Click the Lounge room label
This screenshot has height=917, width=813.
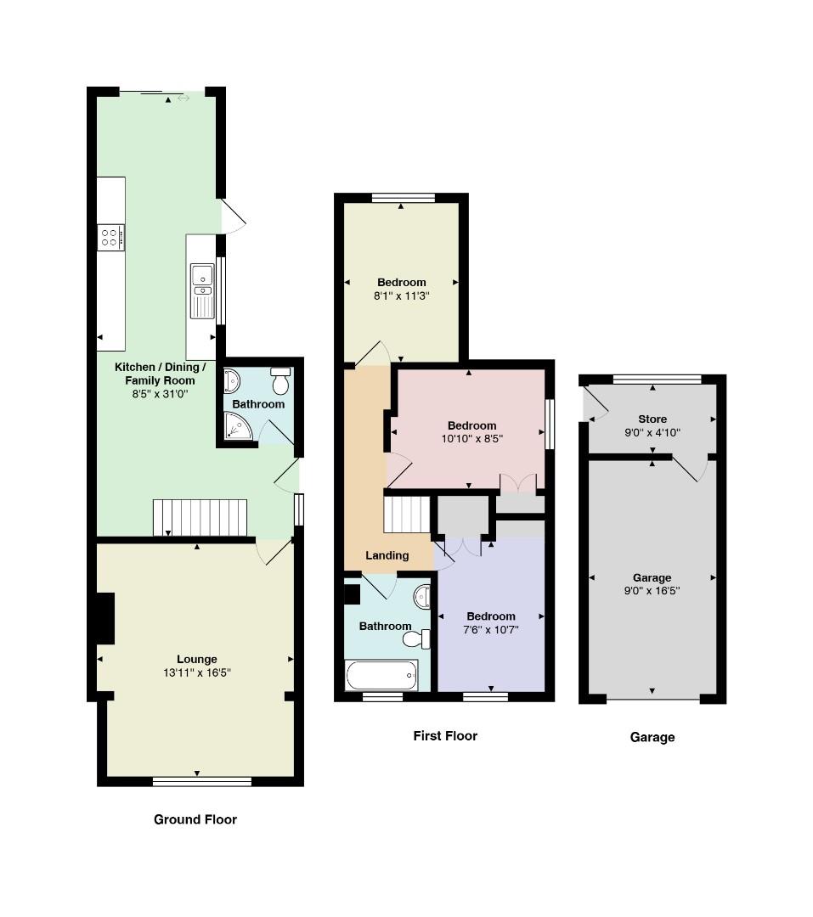pos(196,659)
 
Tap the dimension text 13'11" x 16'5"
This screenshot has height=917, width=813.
pos(196,672)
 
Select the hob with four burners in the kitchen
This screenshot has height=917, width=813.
pos(110,238)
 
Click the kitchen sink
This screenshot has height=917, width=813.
pos(202,290)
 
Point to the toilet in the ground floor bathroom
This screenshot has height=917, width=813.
pos(281,380)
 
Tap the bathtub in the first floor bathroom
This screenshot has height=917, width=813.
pos(381,676)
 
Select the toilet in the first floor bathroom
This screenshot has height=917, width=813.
pos(416,639)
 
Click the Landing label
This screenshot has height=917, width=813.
pos(387,555)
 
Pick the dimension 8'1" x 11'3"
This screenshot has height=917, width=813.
pos(402,296)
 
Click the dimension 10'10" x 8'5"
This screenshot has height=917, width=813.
pos(471,439)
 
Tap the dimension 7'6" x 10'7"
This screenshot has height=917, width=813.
pos(490,630)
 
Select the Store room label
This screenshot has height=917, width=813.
pos(652,419)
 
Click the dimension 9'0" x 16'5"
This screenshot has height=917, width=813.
pos(652,591)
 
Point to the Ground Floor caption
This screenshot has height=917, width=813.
pos(195,819)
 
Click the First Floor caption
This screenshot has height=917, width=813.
pos(445,735)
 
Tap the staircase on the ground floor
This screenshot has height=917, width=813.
pos(200,518)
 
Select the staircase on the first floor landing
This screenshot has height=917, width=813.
pos(407,514)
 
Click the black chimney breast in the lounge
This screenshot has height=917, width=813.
pos(105,618)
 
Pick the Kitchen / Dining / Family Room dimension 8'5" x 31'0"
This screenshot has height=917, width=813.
pos(160,394)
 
